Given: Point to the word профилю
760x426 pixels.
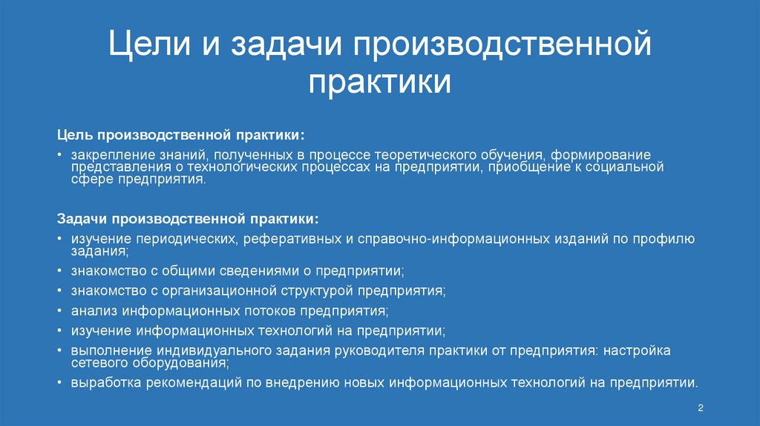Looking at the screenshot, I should pos(665,239).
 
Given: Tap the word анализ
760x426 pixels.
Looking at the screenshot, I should pos(90,309).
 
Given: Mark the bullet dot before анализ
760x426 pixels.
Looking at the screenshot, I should pos(59,310).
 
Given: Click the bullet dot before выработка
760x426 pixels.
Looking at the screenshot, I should pos(59,384).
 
